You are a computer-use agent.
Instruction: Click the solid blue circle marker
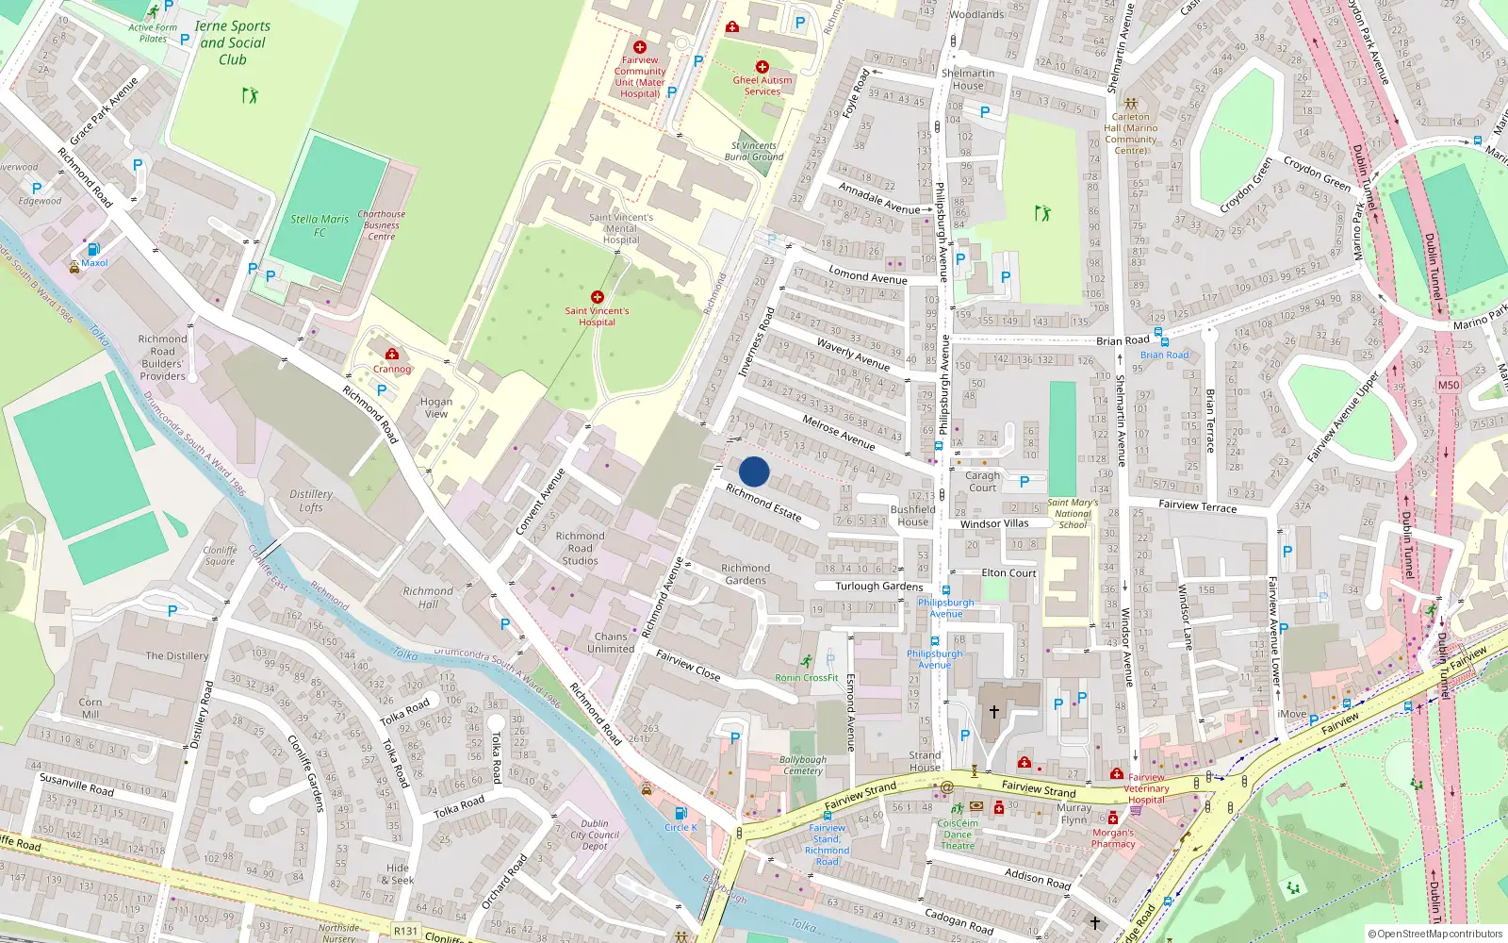(754, 471)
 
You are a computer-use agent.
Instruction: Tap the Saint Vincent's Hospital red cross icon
(597, 297)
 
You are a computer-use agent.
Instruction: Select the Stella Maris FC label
(320, 225)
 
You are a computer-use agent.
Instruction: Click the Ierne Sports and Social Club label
(232, 42)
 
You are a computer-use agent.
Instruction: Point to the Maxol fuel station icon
(93, 249)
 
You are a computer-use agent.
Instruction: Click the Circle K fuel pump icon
(680, 813)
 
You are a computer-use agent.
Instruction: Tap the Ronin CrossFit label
(806, 677)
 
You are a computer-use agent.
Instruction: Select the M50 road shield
(1448, 385)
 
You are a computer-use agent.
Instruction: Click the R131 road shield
(405, 931)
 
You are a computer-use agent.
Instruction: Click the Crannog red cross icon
(391, 356)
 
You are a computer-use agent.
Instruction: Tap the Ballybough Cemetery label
(803, 765)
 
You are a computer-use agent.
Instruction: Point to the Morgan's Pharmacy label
(1113, 838)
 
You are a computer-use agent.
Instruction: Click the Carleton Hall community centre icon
(1130, 104)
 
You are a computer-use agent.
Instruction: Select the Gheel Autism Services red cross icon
(762, 67)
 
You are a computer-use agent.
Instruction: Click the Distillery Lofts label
(311, 501)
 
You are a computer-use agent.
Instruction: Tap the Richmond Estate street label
(763, 504)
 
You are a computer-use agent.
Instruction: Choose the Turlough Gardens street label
(879, 586)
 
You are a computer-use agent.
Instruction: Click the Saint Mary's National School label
(1073, 514)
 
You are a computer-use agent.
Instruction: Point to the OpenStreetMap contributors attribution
(1434, 934)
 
